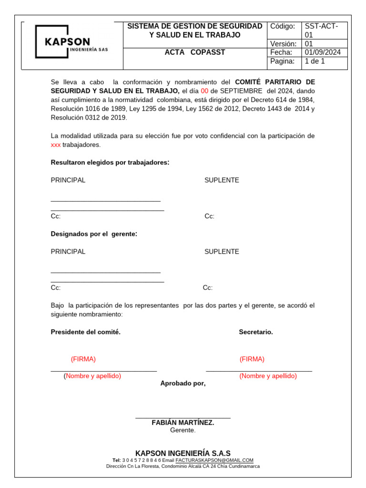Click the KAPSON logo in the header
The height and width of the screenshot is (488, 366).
71,42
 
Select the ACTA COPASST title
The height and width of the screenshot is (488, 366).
194,52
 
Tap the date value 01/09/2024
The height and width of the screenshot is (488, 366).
323,52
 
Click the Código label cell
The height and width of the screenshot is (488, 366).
283,26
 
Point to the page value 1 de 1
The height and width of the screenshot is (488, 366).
315,61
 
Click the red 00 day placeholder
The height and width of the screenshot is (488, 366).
204,91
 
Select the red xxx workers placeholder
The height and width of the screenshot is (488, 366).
56,145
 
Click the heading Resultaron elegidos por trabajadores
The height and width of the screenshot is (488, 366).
110,163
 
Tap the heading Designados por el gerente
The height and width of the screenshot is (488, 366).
94,234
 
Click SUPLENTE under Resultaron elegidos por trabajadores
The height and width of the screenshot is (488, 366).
222,180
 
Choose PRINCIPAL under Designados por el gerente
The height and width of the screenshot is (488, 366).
68,252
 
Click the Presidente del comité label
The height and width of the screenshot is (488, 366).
86,332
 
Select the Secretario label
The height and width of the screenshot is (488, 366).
256,332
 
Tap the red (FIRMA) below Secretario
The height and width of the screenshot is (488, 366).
252,359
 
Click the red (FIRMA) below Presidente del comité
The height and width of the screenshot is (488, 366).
83,359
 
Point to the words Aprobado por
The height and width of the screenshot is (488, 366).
183,384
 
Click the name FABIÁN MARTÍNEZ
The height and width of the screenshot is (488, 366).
183,423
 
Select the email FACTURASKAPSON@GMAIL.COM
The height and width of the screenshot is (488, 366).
214,460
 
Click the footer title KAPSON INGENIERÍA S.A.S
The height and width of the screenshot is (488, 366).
183,453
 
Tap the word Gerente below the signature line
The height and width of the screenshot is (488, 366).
183,430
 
